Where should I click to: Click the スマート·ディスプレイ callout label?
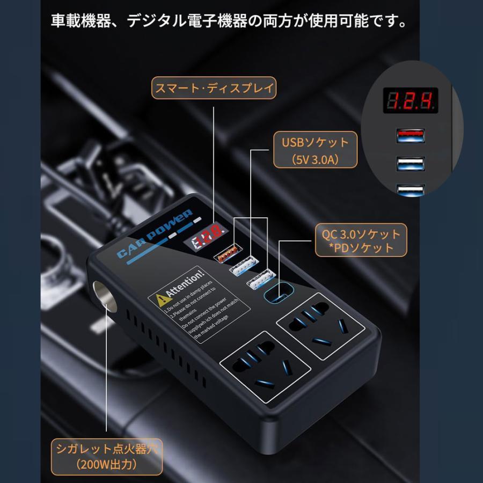tap(214, 87)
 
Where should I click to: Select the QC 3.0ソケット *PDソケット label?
tap(361, 240)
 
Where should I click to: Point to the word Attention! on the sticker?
tap(186, 284)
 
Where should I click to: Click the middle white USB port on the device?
tap(243, 265)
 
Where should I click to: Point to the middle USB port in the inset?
tap(411, 164)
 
